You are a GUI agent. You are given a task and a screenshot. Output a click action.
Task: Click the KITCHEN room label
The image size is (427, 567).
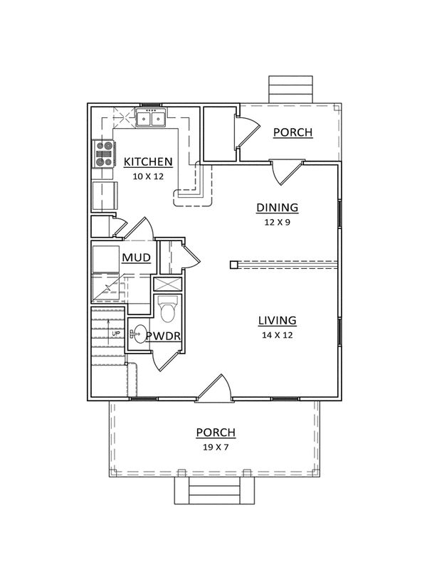(148, 161)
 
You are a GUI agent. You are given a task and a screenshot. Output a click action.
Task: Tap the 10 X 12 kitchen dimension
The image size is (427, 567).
(148, 176)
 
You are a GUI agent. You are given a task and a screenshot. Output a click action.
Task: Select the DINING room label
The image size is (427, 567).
(277, 208)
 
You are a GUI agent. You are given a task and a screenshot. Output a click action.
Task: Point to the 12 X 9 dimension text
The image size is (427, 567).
(277, 222)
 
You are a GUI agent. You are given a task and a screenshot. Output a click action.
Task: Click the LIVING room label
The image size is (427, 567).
(277, 320)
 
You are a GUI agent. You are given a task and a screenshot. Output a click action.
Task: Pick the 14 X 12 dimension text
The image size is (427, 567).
(277, 335)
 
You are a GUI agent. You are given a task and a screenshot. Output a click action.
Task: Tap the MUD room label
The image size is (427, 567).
(137, 258)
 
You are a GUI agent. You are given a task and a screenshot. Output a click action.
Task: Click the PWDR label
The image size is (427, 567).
(163, 337)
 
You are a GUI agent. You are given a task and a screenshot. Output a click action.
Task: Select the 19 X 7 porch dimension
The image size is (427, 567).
(216, 447)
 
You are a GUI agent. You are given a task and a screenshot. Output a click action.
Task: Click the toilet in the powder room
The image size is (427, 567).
(169, 309)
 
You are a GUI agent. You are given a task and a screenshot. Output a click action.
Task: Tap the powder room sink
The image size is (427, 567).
(137, 334)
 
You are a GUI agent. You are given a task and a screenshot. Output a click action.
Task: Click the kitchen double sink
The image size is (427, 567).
(151, 118)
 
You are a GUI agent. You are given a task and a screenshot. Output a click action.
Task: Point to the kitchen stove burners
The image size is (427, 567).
(103, 154)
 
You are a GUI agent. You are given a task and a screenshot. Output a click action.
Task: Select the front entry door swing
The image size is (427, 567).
(213, 388)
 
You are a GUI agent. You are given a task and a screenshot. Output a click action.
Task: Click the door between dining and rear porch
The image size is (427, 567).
(287, 173)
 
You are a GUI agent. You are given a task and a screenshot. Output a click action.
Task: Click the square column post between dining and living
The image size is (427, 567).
(233, 265)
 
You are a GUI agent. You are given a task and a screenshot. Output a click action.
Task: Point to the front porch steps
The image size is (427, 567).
(215, 490)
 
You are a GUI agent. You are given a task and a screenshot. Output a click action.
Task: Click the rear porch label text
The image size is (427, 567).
(292, 132)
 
